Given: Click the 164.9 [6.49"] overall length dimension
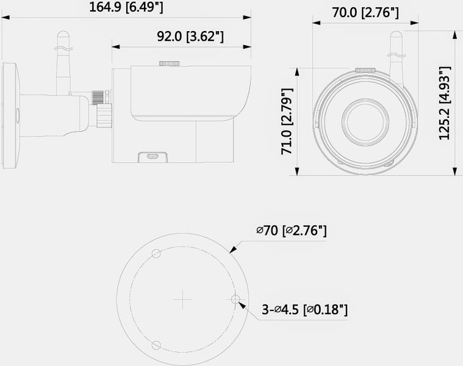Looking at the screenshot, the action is [126, 7].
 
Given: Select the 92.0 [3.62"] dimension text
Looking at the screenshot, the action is [190, 37].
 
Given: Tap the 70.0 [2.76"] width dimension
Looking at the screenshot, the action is [365, 13].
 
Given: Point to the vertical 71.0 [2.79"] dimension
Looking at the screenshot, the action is [287, 121].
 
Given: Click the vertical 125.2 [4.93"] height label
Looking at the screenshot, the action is [445, 103].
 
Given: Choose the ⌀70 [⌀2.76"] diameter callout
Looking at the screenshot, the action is [292, 231].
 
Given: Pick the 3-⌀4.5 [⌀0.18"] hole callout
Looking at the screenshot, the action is [305, 310].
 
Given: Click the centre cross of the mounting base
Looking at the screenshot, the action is [183, 300].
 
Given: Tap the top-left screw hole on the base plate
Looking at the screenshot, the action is [156, 254].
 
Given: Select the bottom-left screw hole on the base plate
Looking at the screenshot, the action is [156, 345].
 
